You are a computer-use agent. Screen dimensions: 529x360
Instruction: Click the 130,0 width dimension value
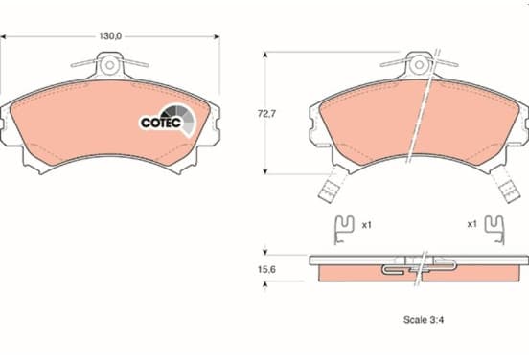point(110,36)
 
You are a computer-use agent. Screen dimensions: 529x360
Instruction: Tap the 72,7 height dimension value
point(266,114)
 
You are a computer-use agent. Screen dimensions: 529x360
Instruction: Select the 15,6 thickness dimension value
point(266,269)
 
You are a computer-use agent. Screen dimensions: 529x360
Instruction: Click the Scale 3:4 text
point(424,319)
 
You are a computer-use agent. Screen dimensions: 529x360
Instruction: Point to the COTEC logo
point(168,121)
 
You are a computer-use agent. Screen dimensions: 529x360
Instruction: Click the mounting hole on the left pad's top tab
point(109,65)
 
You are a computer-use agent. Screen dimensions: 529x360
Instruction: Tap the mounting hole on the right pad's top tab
point(419,65)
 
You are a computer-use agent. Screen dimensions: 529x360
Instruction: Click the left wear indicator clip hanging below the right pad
point(333,185)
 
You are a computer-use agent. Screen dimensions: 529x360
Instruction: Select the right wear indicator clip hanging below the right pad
point(506,185)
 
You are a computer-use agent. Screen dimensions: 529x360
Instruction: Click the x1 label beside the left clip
point(366,225)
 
